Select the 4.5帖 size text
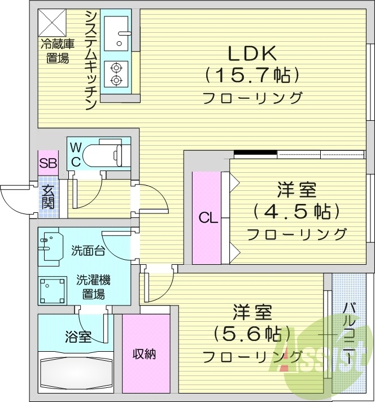point(296,212)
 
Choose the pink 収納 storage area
point(145,354)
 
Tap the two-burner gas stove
point(117,74)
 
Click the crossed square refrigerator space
point(54,23)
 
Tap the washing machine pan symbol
point(54,290)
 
